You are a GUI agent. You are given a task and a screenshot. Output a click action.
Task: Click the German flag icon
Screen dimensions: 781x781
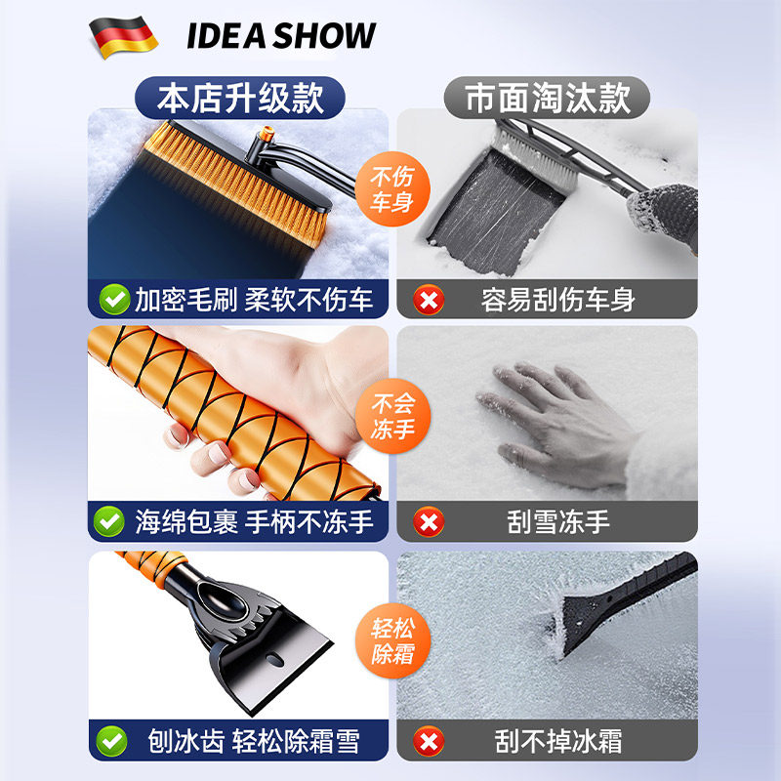click(123, 37)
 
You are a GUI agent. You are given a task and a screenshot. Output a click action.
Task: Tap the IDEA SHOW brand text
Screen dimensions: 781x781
click(281, 37)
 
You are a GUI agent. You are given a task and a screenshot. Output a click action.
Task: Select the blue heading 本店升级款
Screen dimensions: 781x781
click(240, 98)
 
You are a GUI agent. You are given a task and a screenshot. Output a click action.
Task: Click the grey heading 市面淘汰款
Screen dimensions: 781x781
click(547, 98)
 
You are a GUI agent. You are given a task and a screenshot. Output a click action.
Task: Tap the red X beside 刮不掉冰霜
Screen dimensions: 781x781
click(428, 742)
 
